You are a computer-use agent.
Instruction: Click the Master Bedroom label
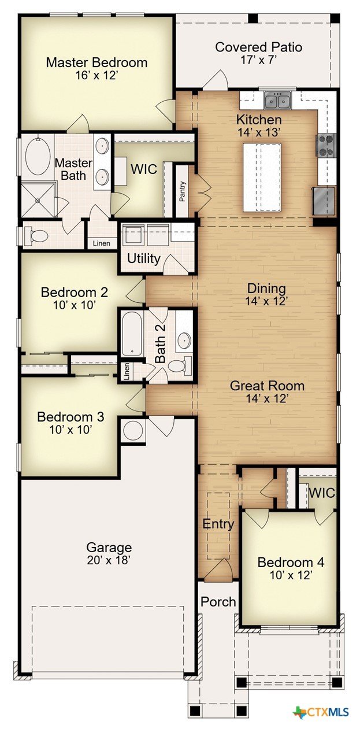[97, 62]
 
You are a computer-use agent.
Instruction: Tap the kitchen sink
[277, 100]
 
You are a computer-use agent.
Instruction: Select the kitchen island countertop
[262, 177]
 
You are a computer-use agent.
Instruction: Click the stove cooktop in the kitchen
[325, 145]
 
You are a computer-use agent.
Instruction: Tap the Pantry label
[183, 191]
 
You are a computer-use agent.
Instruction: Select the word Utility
[144, 259]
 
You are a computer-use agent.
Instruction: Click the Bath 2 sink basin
[185, 341]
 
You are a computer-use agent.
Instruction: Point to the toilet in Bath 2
[180, 365]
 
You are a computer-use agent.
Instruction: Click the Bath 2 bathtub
[132, 334]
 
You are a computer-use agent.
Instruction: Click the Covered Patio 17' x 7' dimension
[258, 60]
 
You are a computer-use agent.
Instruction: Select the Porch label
[218, 602]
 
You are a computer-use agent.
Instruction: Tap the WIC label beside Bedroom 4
[322, 493]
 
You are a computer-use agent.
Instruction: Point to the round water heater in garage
[133, 431]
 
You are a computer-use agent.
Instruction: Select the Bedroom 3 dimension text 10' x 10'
[69, 430]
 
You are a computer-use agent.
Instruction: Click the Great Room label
[267, 386]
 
